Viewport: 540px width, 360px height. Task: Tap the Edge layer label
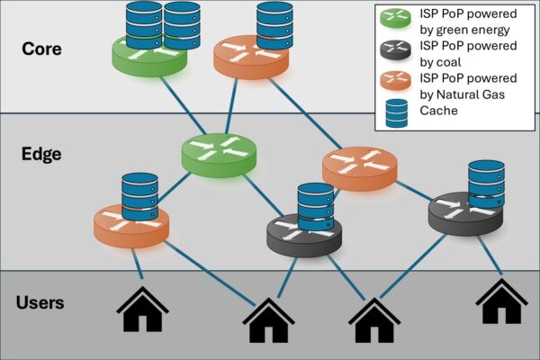coord(41,154)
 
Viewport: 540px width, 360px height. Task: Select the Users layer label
coord(40,302)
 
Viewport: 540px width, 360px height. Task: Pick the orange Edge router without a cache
coord(359,166)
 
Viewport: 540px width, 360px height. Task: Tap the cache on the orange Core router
coord(274,24)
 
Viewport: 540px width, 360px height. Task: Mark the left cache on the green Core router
coord(143,24)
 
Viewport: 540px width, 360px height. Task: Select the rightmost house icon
coord(501,301)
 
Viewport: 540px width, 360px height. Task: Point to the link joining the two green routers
coord(186,107)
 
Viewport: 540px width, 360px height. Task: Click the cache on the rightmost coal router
coord(486,185)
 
